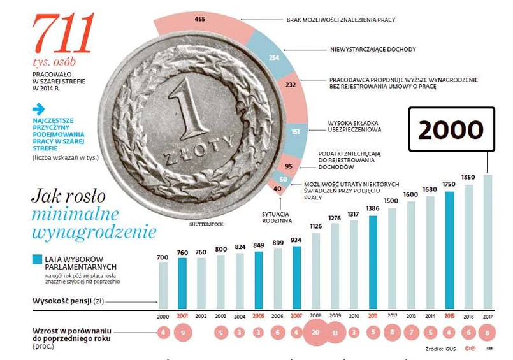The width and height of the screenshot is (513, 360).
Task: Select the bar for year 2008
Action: point(316,270)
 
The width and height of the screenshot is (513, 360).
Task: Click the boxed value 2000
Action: point(451,129)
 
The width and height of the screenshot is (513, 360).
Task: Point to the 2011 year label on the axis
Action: point(373,316)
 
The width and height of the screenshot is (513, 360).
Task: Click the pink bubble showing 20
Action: point(316,332)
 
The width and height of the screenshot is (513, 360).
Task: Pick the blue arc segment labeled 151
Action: point(295,132)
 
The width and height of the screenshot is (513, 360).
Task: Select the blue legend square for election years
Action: point(37,259)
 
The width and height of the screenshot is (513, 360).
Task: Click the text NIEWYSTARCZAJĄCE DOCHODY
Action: point(373,49)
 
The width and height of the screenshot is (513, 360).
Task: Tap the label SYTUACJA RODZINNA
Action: point(277,217)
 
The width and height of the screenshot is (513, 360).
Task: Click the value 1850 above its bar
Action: point(468,177)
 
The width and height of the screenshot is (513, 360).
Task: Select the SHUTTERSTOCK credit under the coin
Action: point(208,224)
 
